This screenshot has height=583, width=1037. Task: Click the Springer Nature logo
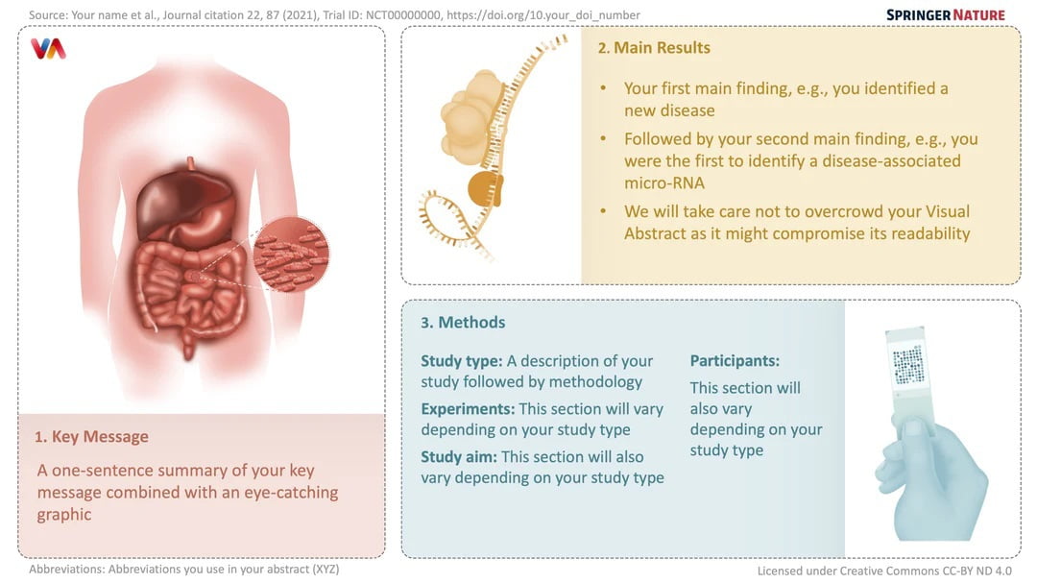(x=945, y=14)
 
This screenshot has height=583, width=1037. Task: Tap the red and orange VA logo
(x=48, y=49)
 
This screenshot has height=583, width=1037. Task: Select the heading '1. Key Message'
(x=91, y=437)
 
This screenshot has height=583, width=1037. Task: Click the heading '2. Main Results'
(x=654, y=48)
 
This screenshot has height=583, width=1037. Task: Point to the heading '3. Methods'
(x=463, y=323)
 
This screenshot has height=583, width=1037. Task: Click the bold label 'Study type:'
(x=462, y=361)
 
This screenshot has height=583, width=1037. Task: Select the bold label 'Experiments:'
(x=468, y=409)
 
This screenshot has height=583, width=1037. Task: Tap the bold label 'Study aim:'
(x=459, y=456)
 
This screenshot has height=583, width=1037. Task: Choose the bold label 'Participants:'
(x=735, y=360)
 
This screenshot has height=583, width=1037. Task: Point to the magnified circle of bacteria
(x=291, y=255)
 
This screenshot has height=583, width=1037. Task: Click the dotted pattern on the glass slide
(x=908, y=365)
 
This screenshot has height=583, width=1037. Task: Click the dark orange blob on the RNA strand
(x=486, y=189)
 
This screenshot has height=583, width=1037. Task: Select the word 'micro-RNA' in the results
(x=664, y=183)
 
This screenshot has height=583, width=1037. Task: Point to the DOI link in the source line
(x=543, y=14)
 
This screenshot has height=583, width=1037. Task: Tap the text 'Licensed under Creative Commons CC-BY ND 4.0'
(x=884, y=571)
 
